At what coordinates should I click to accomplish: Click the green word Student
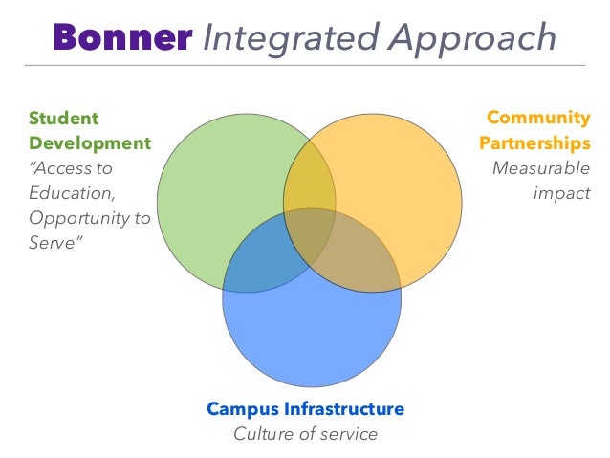[x=63, y=118]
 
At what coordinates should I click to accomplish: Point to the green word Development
[x=90, y=143]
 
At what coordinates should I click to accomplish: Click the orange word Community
[x=538, y=118]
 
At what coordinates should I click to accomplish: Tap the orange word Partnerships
[x=534, y=143]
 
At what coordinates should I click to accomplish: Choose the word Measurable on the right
[x=541, y=168]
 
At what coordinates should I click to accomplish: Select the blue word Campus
[x=242, y=409]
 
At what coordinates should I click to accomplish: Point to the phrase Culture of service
[x=306, y=434]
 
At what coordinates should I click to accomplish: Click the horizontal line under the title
[x=305, y=65]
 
